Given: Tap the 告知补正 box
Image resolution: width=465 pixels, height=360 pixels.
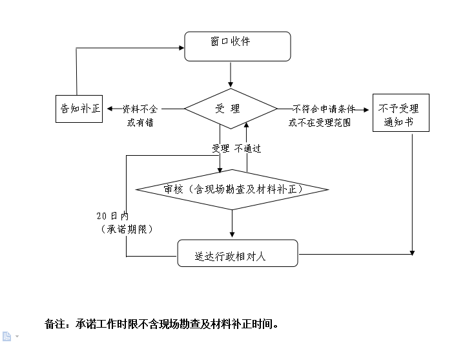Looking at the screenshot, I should click(79, 108).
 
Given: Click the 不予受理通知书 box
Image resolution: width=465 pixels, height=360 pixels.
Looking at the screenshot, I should click(400, 113).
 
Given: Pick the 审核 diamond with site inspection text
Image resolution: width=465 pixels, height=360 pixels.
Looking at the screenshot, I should click(232, 189).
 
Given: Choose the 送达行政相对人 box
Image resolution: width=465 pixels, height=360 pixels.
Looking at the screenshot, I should click(237, 253).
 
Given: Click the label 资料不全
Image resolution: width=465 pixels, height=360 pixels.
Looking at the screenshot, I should click(139, 109).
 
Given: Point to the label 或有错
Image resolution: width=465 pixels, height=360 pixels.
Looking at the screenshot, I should click(140, 122).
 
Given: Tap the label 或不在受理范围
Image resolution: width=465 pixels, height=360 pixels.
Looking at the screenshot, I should click(319, 122).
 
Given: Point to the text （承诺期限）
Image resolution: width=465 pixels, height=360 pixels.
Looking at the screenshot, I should click(127, 229).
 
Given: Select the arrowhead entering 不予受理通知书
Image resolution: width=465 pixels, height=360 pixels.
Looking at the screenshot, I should click(368, 109).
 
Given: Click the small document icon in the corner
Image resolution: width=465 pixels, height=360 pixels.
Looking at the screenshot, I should click(7, 336).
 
